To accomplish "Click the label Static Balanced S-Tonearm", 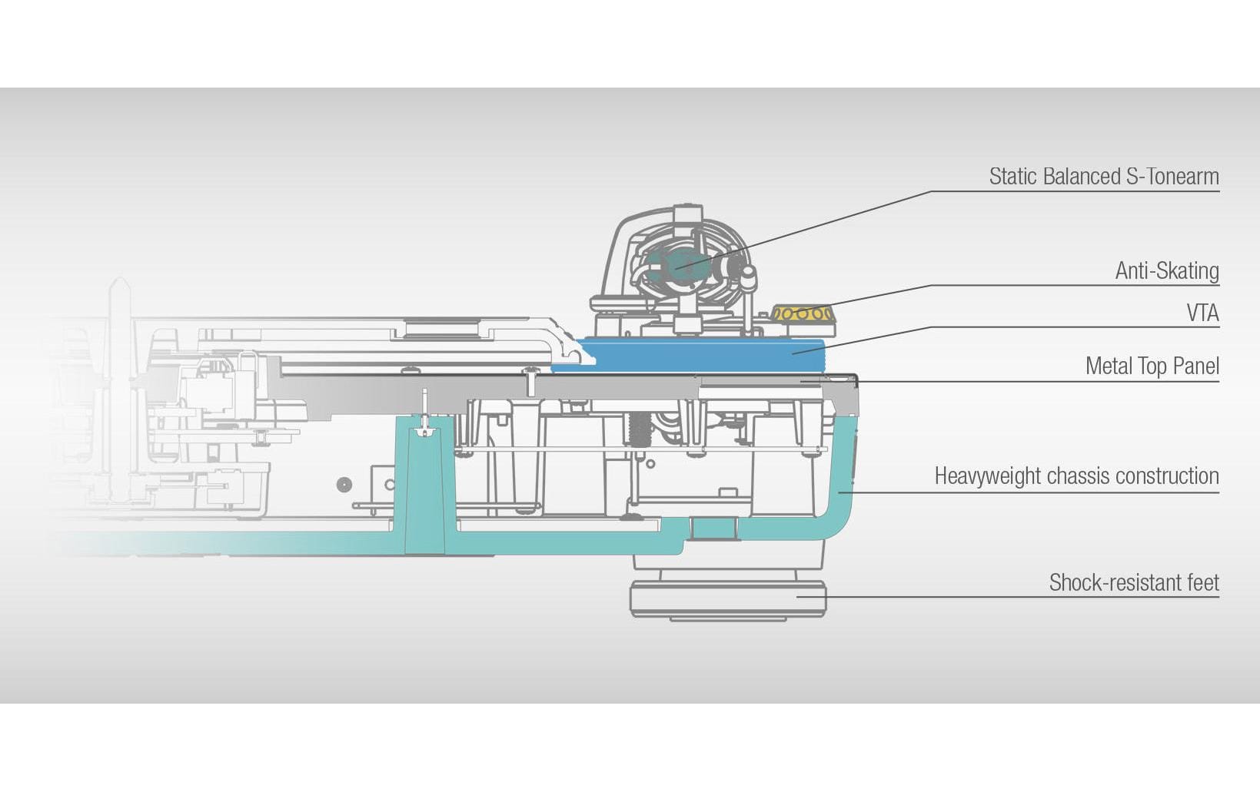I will pos(1103,177).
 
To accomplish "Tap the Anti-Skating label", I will pos(1166,271).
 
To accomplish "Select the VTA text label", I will pos(1202,313).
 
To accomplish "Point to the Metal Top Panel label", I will pos(1152,366).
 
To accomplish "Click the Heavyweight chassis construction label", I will pos(1076,476).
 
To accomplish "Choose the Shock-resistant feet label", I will pos(1134,583).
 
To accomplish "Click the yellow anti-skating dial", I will pos(802,313).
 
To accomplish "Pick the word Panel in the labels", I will pos(1196,366).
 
